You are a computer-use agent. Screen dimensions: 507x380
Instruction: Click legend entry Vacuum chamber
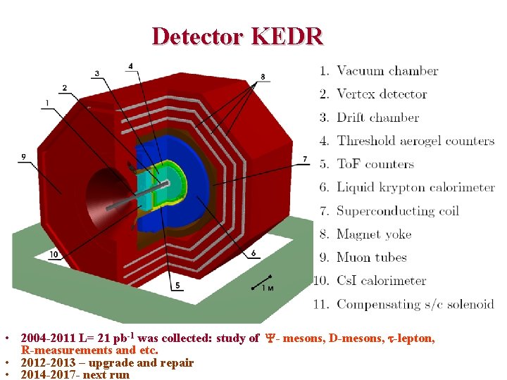pyautogui.click(x=387, y=71)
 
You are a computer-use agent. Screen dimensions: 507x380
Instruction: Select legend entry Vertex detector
pyautogui.click(x=382, y=94)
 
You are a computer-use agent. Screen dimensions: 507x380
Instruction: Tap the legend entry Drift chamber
pyautogui.click(x=377, y=118)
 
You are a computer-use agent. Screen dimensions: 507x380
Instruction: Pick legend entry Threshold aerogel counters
pyautogui.click(x=415, y=141)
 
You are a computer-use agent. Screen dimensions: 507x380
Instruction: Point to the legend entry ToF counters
pyautogui.click(x=375, y=164)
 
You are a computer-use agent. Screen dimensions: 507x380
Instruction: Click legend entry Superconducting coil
pyautogui.click(x=397, y=210)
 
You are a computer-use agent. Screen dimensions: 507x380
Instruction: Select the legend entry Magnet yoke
pyautogui.click(x=373, y=234)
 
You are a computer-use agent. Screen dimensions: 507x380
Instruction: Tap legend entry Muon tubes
pyautogui.click(x=371, y=258)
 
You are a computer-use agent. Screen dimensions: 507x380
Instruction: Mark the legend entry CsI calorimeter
pyautogui.click(x=381, y=281)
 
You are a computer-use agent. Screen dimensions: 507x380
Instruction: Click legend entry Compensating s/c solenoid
pyautogui.click(x=415, y=304)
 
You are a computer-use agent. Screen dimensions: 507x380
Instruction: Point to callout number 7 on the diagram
pyautogui.click(x=305, y=159)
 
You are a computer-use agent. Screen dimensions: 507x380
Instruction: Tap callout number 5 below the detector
pyautogui.click(x=177, y=285)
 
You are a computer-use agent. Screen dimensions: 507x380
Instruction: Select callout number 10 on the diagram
pyautogui.click(x=54, y=254)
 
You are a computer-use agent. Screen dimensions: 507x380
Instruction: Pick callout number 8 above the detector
pyautogui.click(x=263, y=76)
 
